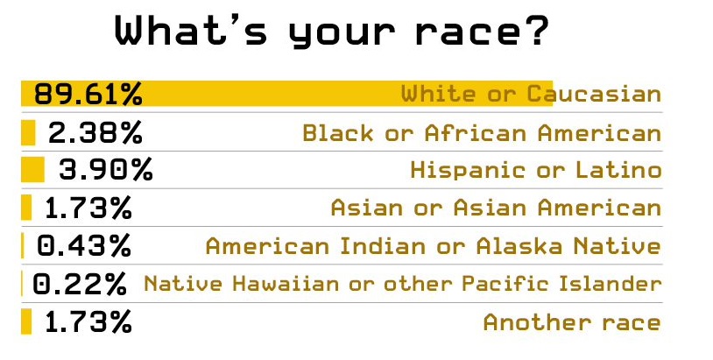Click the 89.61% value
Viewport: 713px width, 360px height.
(88, 94)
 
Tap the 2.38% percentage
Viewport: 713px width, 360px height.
(95, 133)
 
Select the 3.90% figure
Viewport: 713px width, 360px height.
(105, 170)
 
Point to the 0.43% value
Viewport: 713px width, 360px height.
(84, 245)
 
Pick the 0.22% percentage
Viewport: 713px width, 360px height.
(80, 284)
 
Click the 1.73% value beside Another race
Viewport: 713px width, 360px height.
(88, 321)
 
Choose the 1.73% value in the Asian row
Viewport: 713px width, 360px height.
(88, 208)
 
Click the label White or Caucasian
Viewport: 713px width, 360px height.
(531, 94)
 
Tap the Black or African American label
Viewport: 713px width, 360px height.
(482, 133)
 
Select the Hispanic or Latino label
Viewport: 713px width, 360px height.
(536, 171)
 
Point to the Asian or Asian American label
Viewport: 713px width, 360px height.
(496, 208)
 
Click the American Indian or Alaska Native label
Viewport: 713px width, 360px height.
(434, 246)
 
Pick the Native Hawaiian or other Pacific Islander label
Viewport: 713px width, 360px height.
(402, 284)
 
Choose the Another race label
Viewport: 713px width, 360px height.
(572, 322)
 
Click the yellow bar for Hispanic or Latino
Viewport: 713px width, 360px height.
(32, 170)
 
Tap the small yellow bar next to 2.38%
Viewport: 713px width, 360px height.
(28, 132)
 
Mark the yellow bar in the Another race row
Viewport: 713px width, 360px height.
(26, 321)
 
